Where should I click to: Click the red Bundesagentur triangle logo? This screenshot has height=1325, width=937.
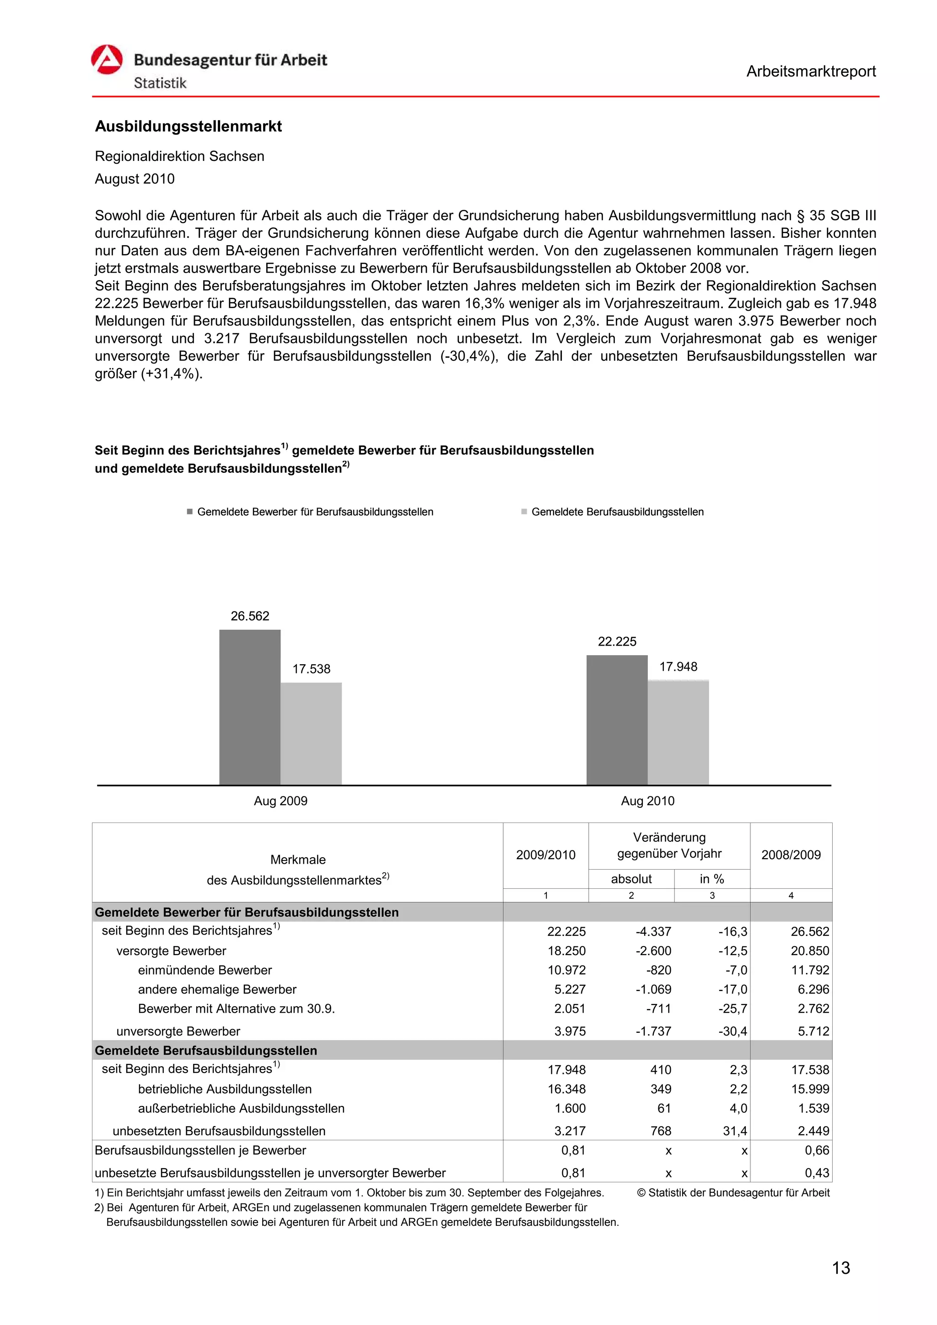107,59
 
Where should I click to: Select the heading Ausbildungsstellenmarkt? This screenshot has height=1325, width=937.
188,126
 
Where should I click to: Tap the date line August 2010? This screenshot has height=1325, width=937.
135,179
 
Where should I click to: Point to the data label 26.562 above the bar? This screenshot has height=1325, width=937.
250,616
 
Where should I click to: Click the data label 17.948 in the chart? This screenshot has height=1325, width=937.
679,667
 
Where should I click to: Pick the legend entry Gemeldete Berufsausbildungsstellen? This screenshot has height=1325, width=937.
617,512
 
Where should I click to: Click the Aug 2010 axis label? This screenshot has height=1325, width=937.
647,801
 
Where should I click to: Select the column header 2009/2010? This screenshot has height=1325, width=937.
545,855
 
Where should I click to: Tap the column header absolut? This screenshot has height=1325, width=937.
631,879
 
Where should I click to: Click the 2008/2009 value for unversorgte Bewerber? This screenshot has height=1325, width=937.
813,1031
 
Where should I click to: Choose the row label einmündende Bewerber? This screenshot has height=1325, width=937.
205,970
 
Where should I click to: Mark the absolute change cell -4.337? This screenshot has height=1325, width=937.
653,931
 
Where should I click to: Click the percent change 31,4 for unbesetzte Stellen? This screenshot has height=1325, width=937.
734,1131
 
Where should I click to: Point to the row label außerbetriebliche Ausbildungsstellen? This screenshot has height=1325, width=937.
241,1109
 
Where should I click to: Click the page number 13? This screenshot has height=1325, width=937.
840,1268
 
